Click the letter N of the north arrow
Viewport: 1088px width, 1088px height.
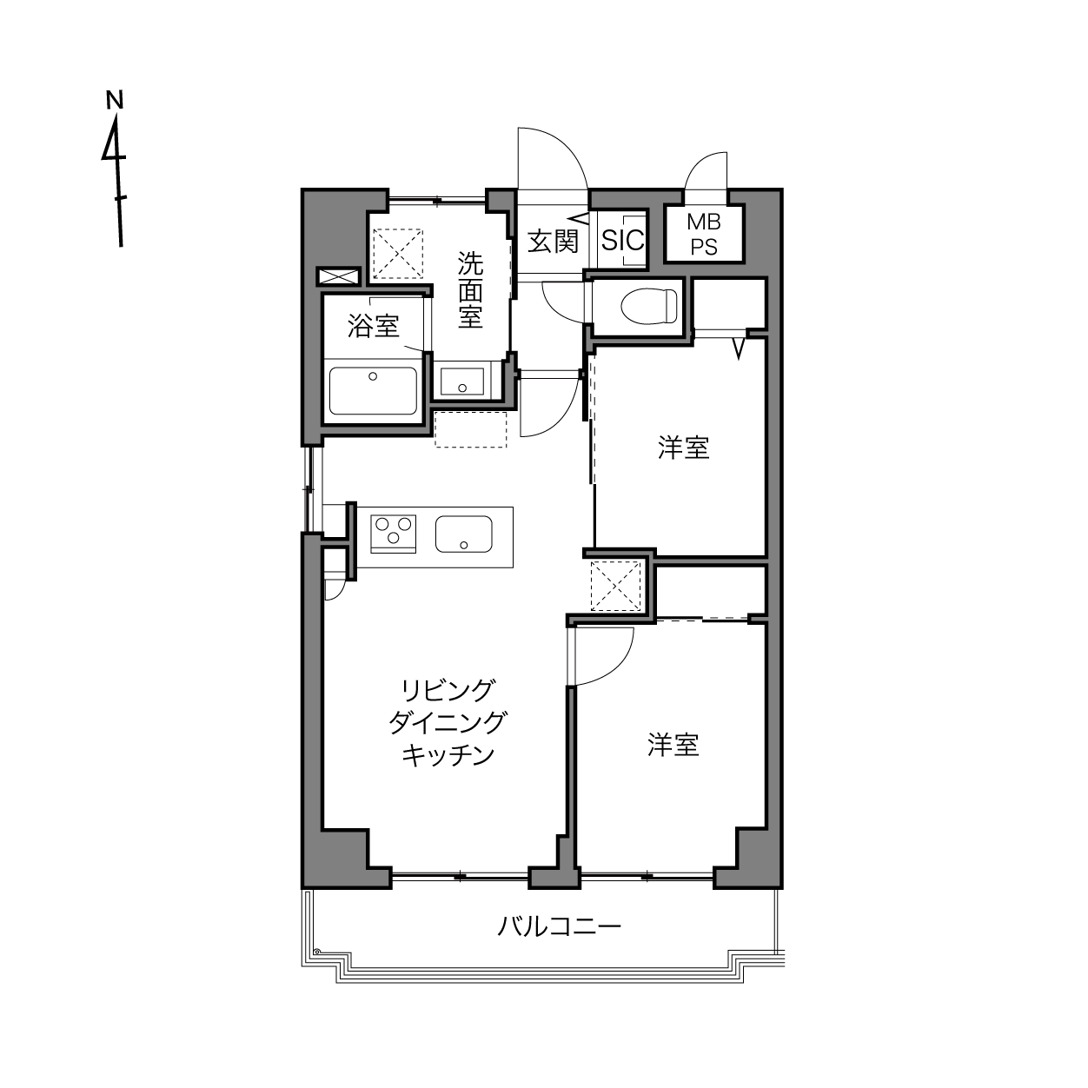point(115,100)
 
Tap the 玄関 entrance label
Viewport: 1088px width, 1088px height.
point(553,241)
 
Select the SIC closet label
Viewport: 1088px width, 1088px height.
point(622,240)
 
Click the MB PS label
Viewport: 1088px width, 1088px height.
point(704,235)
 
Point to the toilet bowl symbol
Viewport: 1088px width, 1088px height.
point(648,307)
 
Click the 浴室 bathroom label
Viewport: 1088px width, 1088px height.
point(373,326)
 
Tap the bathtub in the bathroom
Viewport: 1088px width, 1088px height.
point(373,391)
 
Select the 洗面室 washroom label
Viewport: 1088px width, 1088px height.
point(470,290)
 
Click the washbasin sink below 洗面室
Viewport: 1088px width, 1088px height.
point(461,381)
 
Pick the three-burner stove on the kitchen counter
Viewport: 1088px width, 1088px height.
point(393,534)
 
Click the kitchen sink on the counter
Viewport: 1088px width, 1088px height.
point(463,534)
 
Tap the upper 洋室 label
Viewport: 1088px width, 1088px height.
point(683,448)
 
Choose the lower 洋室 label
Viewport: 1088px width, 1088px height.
point(673,745)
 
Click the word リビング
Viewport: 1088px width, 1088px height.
point(448,690)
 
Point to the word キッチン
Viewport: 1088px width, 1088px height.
point(448,755)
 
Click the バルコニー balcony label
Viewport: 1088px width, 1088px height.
point(559,926)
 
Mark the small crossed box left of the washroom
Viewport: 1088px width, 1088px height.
point(339,276)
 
